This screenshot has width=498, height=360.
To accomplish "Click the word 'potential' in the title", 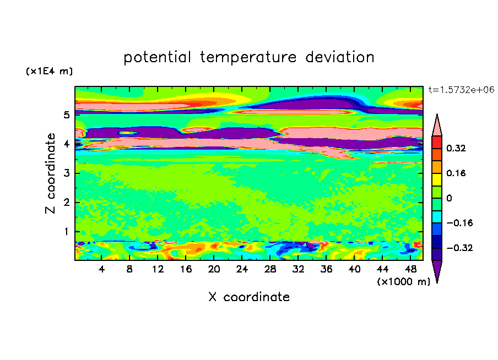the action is pyautogui.click(x=157, y=57).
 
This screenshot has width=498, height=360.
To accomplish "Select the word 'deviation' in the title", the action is pyautogui.click(x=340, y=57).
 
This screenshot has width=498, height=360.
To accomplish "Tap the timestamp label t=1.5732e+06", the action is pyautogui.click(x=461, y=90).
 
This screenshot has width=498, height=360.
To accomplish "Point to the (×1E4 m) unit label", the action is pyautogui.click(x=49, y=71).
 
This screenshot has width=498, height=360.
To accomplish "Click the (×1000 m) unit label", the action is pyautogui.click(x=403, y=282).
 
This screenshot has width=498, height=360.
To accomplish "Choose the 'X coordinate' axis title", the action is pyautogui.click(x=249, y=297).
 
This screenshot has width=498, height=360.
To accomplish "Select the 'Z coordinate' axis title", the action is pyautogui.click(x=51, y=173).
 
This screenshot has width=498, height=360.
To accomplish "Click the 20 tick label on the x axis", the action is pyautogui.click(x=214, y=269).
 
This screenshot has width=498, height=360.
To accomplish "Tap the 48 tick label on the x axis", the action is pyautogui.click(x=410, y=269).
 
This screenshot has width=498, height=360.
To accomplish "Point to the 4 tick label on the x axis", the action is pyautogui.click(x=101, y=269).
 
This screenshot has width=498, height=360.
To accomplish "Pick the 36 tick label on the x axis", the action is pyautogui.click(x=326, y=269).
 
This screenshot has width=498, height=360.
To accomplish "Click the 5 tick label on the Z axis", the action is pyautogui.click(x=66, y=114).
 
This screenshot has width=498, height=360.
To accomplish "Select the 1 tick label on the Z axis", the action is pyautogui.click(x=66, y=232).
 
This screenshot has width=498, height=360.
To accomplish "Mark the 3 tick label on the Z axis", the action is pyautogui.click(x=66, y=173).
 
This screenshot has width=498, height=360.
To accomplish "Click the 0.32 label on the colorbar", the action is pyautogui.click(x=456, y=148).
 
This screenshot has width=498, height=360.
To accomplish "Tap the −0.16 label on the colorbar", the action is pyautogui.click(x=459, y=223).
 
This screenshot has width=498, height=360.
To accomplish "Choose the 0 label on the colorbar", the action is pyautogui.click(x=449, y=198).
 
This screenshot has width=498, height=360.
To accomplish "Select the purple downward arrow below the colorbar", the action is pyautogui.click(x=437, y=270).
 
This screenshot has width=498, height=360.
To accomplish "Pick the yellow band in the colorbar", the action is pyautogui.click(x=437, y=179).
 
